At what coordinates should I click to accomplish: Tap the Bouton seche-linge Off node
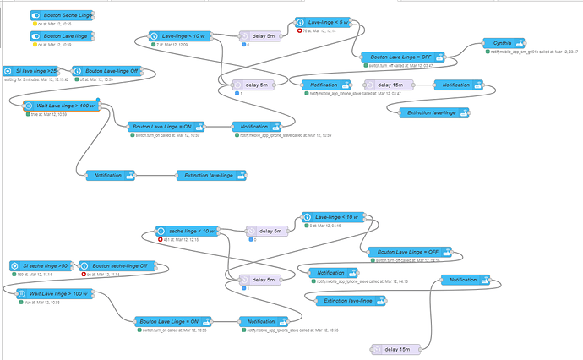click(119, 266)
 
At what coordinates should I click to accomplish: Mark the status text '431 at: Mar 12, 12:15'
click(182, 239)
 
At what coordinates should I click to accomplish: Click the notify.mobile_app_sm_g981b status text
click(533, 52)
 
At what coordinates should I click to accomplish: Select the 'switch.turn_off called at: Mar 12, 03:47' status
click(402, 65)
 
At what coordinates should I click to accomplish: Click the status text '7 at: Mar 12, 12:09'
click(177, 45)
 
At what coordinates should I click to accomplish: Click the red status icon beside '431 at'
click(160, 239)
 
